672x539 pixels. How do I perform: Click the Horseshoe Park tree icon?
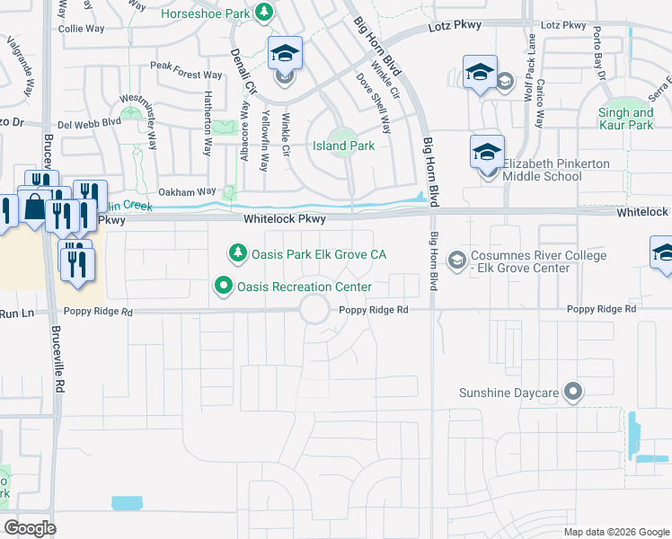click(x=264, y=12)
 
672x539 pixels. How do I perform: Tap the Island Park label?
click(x=342, y=146)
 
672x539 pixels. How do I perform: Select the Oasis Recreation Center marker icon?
click(x=223, y=287)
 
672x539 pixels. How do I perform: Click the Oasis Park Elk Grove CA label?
click(x=318, y=254)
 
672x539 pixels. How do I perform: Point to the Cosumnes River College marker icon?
click(x=457, y=261)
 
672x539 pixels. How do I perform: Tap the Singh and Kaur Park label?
click(x=625, y=119)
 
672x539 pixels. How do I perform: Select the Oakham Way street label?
click(x=187, y=191)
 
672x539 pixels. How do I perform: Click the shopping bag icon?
click(x=34, y=207)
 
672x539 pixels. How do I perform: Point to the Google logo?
click(x=31, y=528)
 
